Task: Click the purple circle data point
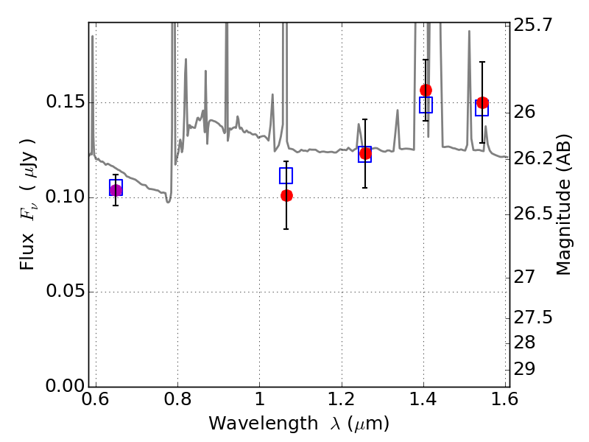pos(116,190)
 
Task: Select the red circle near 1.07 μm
pos(286,195)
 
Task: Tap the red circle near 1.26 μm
pos(365,153)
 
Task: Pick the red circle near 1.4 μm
pos(426,90)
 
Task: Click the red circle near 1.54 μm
pos(482,103)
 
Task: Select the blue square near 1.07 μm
pos(286,175)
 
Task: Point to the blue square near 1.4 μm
pos(426,105)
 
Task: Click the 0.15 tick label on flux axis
pos(65,102)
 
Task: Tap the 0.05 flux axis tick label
pos(65,291)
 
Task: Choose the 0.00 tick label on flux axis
pos(65,385)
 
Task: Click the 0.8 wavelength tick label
pos(177,399)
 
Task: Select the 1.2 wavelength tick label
pos(342,399)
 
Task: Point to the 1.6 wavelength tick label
pos(505,399)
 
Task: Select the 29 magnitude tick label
pos(524,369)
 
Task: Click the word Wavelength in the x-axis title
pos(264,424)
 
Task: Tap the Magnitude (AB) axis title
pos(563,205)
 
